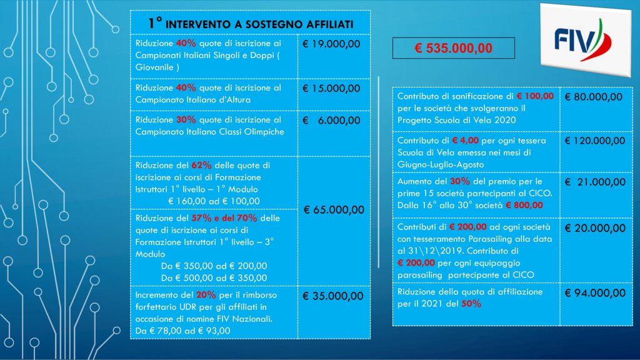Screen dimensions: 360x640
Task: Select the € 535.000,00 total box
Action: (x=453, y=48)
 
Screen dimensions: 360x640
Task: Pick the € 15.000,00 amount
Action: (x=331, y=88)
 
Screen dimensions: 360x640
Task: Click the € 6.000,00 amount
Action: (x=331, y=120)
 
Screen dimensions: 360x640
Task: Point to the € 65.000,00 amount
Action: (x=334, y=209)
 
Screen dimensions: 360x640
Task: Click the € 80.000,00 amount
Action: (x=594, y=97)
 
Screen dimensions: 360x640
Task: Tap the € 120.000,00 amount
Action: (x=595, y=141)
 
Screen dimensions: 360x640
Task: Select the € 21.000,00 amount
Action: (x=595, y=182)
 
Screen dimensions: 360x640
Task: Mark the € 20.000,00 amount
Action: (x=594, y=228)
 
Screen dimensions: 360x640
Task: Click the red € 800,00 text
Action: (x=524, y=204)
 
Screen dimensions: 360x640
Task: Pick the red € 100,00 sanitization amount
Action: (x=535, y=96)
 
